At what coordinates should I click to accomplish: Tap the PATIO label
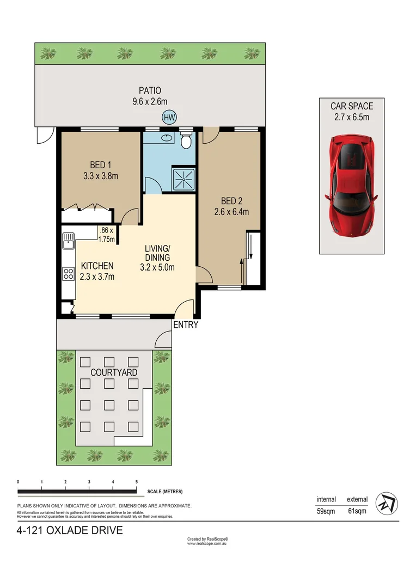pyautogui.click(x=149, y=90)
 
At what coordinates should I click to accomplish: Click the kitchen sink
pyautogui.click(x=68, y=240)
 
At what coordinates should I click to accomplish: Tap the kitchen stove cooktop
pyautogui.click(x=68, y=273)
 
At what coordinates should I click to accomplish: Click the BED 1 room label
pyautogui.click(x=100, y=165)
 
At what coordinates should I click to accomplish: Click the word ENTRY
pyautogui.click(x=186, y=326)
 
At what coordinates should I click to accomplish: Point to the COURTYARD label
pyautogui.click(x=113, y=372)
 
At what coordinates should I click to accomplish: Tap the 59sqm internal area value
pyautogui.click(x=327, y=511)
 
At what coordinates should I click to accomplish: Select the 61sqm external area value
pyautogui.click(x=357, y=511)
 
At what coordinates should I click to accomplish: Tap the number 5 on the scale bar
pyautogui.click(x=136, y=482)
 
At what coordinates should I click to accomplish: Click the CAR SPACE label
pyautogui.click(x=352, y=106)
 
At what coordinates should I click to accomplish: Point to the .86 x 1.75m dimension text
pyautogui.click(x=106, y=234)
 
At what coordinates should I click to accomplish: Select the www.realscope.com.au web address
pyautogui.click(x=206, y=543)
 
